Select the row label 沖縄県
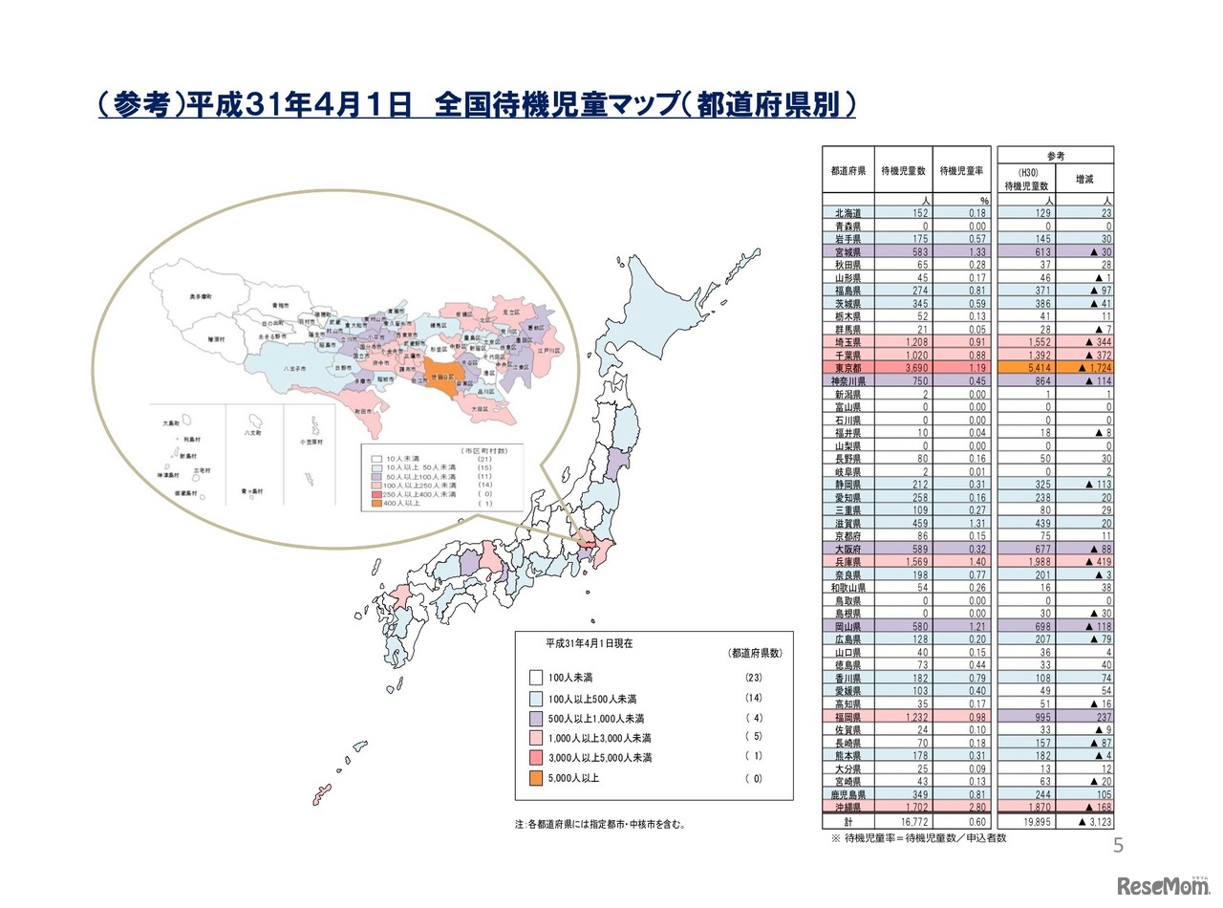pos(848,807)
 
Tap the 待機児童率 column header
pos(961,172)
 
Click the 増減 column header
pos(1085,178)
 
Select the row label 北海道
pos(848,213)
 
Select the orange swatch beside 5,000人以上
pos(535,778)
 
